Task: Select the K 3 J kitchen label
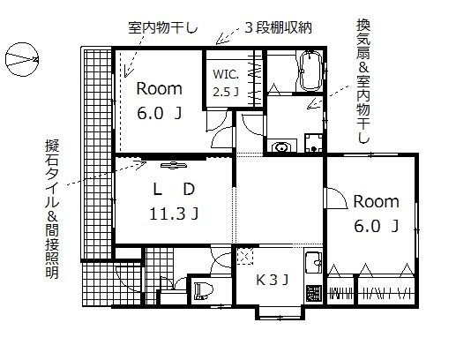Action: pyautogui.click(x=273, y=281)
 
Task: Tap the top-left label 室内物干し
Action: pyautogui.click(x=149, y=26)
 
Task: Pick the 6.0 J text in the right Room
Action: pyautogui.click(x=376, y=227)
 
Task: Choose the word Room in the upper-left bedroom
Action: pyautogui.click(x=158, y=88)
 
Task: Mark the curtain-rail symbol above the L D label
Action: pyautogui.click(x=173, y=164)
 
